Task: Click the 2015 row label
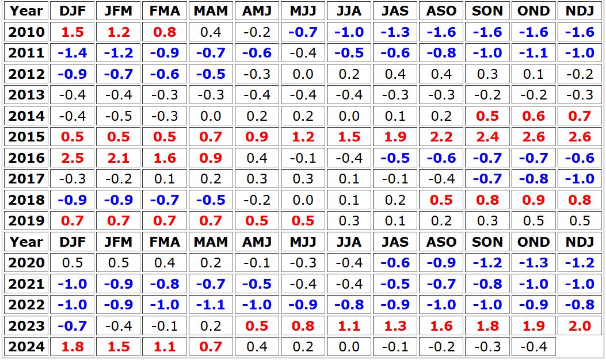(26, 137)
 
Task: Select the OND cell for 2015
(533, 137)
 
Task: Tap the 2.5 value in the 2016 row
(73, 158)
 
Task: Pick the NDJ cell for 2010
(579, 32)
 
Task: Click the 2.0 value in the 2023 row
(579, 326)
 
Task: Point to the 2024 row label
(26, 347)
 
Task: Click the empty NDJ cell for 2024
(579, 347)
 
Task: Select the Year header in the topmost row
(26, 11)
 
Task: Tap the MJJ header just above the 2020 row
(303, 242)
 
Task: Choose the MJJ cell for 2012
(303, 74)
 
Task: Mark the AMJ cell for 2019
(257, 221)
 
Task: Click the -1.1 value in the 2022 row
(211, 305)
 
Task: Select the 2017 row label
(26, 179)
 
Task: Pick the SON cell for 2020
(487, 263)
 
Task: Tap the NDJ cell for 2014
(579, 116)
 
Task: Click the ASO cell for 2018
(441, 200)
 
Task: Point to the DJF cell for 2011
(73, 53)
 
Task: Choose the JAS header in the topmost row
(395, 11)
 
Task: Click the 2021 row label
(26, 284)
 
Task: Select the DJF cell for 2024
(73, 347)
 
